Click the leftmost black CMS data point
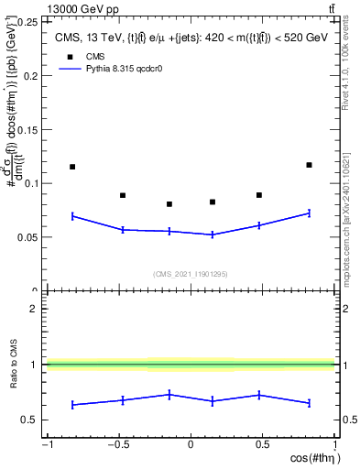(72, 167)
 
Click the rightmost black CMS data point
(309, 165)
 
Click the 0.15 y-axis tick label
(27, 129)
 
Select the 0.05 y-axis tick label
(27, 237)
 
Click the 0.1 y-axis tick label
(30, 183)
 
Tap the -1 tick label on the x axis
(46, 446)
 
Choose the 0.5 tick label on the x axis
(263, 446)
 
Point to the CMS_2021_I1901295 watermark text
(190, 274)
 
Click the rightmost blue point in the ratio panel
(309, 403)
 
